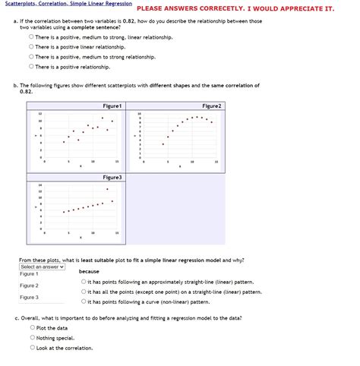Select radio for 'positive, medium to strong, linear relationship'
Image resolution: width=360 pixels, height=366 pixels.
[x=31, y=36]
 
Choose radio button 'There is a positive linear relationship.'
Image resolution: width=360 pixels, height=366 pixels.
[x=31, y=46]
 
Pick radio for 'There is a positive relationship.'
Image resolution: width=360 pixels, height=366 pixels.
[x=31, y=67]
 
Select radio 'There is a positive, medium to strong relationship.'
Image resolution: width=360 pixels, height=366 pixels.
[x=31, y=57]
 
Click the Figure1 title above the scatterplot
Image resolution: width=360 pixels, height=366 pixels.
[x=112, y=106]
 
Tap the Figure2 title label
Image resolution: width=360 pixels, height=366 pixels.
[x=211, y=106]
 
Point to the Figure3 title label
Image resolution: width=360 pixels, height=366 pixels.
[x=112, y=177]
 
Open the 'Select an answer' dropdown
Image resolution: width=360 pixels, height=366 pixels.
[x=43, y=267]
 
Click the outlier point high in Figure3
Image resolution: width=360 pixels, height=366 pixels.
[x=107, y=189]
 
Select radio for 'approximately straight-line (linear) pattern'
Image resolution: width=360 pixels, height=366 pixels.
[x=83, y=282]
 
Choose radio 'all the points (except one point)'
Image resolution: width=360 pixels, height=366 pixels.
[x=83, y=291]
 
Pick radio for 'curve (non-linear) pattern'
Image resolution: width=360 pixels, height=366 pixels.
[x=83, y=301]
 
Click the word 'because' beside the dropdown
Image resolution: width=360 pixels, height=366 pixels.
[x=89, y=271]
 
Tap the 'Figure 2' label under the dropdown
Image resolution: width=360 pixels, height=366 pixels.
[x=29, y=286]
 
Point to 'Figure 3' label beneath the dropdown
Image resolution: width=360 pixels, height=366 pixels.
[x=29, y=298]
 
